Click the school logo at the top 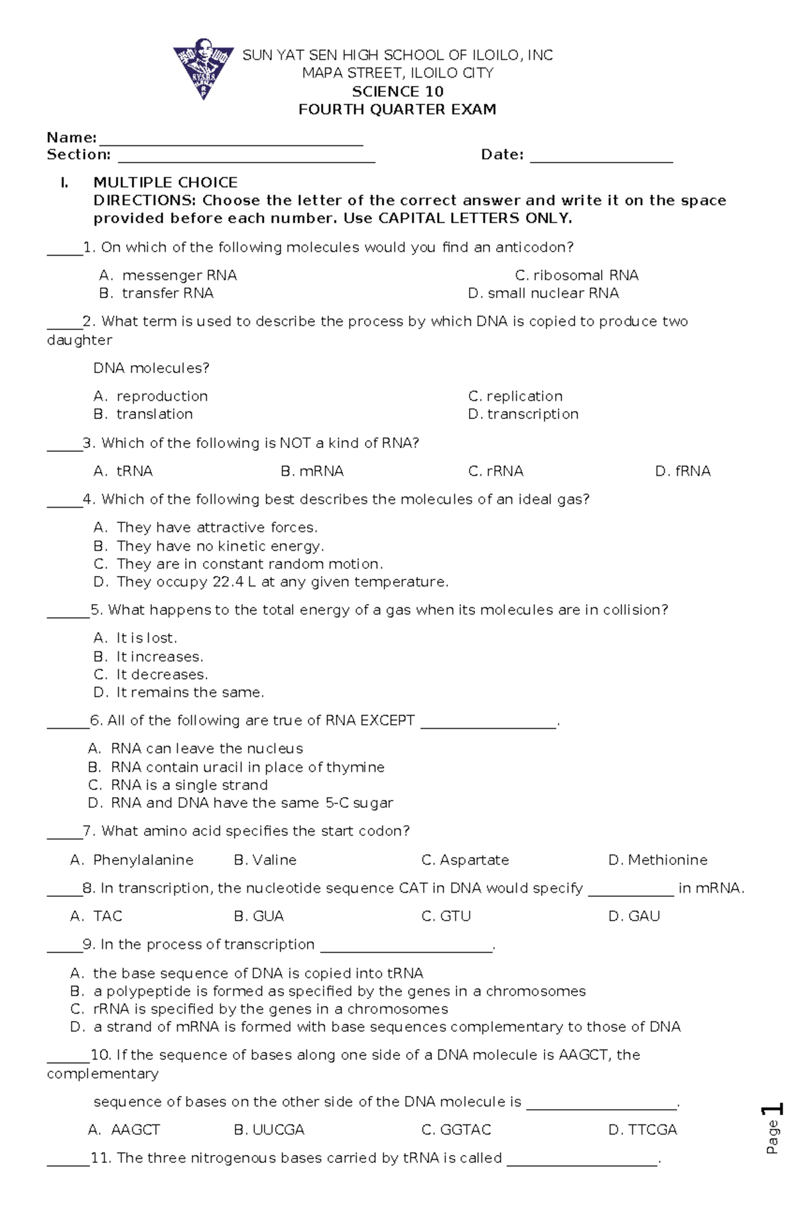point(203,72)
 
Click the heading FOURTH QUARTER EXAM point(397,110)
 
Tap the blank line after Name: point(230,141)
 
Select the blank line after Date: point(602,157)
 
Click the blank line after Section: point(246,157)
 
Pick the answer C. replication point(515,396)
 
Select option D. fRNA point(683,471)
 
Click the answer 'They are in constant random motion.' point(239,564)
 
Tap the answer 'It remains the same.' point(179,692)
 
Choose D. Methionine point(657,860)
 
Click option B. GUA point(259,917)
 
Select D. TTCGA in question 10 point(642,1130)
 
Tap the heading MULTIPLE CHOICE point(165,183)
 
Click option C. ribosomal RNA point(576,275)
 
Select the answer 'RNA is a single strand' point(178,785)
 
